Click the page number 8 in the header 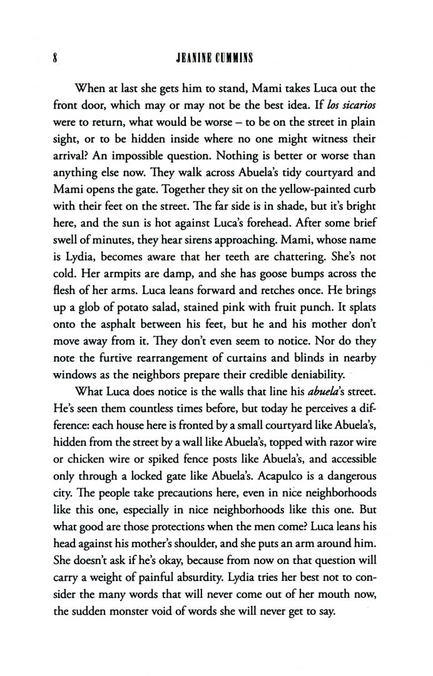click(56, 42)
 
